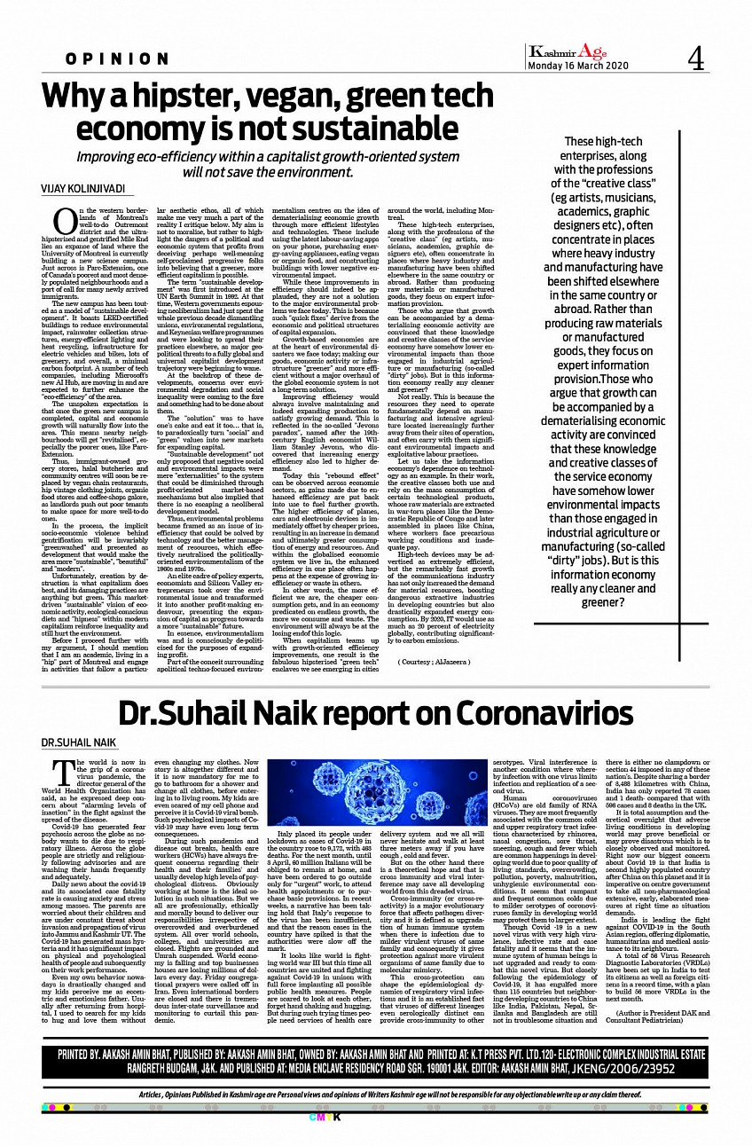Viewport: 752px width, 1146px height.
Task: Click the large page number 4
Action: [x=694, y=59]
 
